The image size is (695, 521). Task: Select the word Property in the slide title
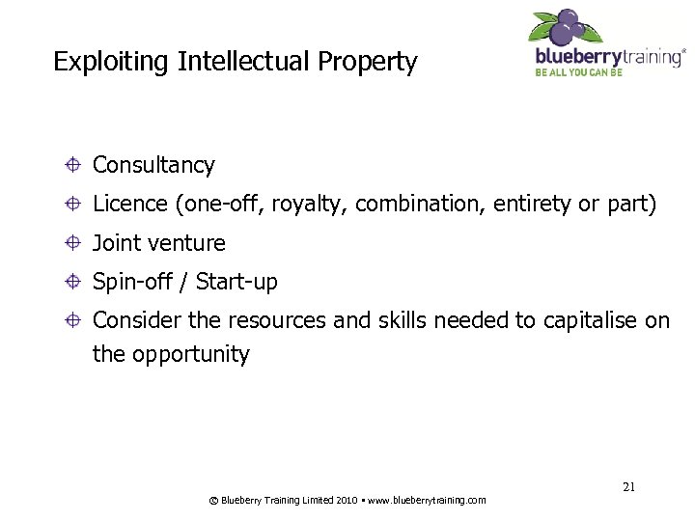(x=371, y=63)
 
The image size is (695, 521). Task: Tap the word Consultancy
(x=153, y=166)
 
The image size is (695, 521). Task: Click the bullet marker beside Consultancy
(x=72, y=165)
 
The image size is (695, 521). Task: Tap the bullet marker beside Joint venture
(x=72, y=243)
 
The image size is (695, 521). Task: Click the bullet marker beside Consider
(x=72, y=321)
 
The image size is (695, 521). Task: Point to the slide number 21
(x=628, y=488)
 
